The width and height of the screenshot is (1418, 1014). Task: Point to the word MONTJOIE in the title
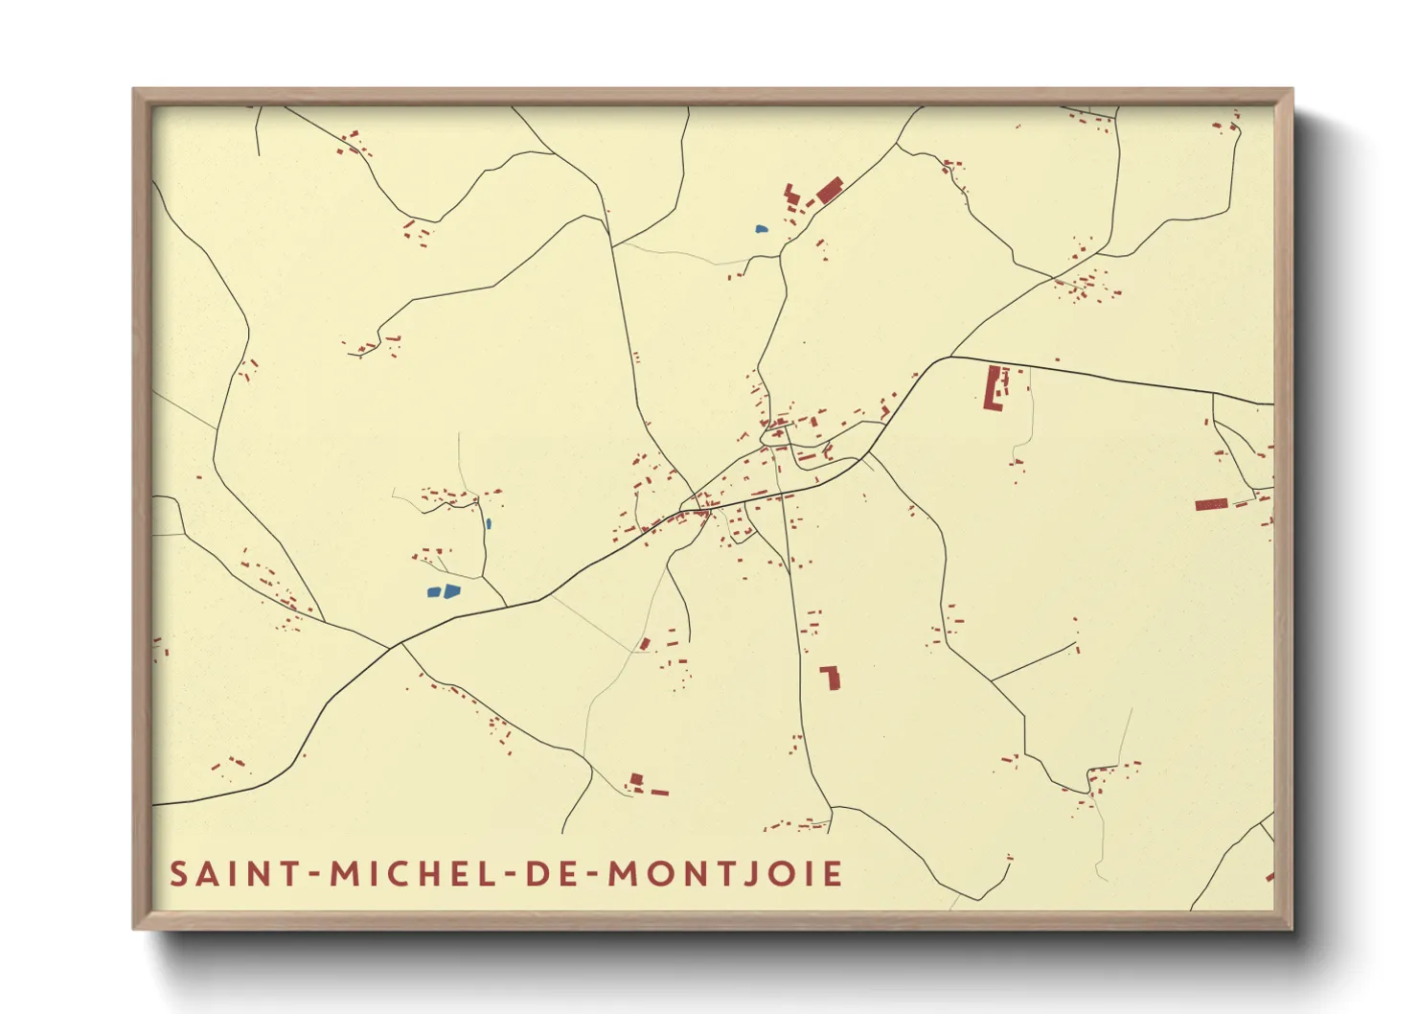pos(726,874)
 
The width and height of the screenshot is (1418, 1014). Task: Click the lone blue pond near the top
pos(761,229)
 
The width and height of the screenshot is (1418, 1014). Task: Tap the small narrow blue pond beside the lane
pos(488,524)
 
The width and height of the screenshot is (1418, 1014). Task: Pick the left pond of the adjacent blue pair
pos(434,592)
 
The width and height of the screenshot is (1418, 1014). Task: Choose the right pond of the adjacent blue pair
pos(451,590)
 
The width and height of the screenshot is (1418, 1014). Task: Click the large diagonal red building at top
pos(829,190)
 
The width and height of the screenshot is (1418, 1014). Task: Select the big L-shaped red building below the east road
pos(994,388)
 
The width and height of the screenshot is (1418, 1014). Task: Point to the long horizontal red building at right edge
pos(1211,504)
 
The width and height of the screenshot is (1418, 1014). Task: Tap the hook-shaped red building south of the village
pos(832,678)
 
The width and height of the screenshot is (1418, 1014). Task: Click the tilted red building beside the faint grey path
pos(645,643)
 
